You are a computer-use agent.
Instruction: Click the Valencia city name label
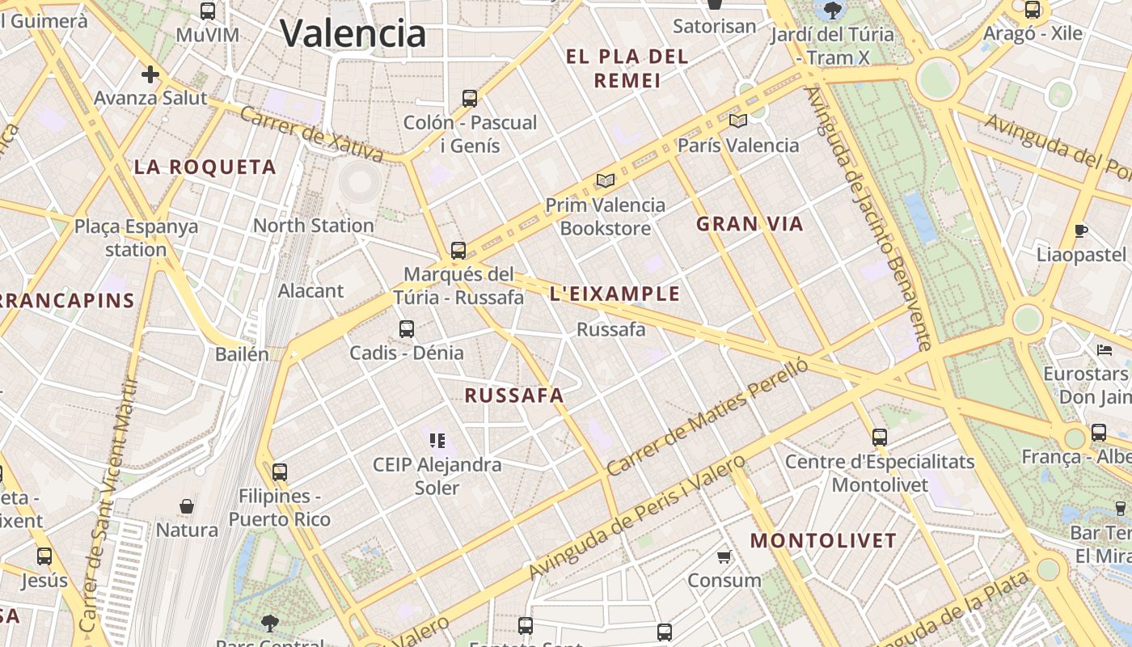tap(353, 33)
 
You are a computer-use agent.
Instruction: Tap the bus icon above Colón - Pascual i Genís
tap(470, 99)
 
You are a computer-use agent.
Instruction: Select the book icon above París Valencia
tap(737, 121)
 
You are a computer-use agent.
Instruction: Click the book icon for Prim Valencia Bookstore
tap(606, 180)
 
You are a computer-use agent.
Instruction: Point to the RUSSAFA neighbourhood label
tap(514, 395)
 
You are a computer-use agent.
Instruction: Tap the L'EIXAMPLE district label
tap(615, 294)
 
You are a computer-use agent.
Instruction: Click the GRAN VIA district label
tap(750, 224)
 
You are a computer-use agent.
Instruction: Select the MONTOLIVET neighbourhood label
tap(823, 541)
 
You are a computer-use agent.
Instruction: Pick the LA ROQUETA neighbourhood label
tap(205, 167)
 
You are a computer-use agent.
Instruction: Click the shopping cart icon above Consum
tap(724, 556)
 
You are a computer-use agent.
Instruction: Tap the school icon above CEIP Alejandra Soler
tap(437, 441)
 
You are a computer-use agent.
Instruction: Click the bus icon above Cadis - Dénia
tap(407, 329)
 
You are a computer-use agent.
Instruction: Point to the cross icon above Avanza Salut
tap(150, 74)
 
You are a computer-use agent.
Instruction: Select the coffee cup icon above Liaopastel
tap(1081, 231)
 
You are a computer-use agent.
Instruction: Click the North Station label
tap(314, 226)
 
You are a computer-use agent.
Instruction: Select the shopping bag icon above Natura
tap(187, 506)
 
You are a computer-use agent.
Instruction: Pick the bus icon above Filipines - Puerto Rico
tap(280, 472)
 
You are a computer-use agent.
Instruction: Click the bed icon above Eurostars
tap(1105, 350)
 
